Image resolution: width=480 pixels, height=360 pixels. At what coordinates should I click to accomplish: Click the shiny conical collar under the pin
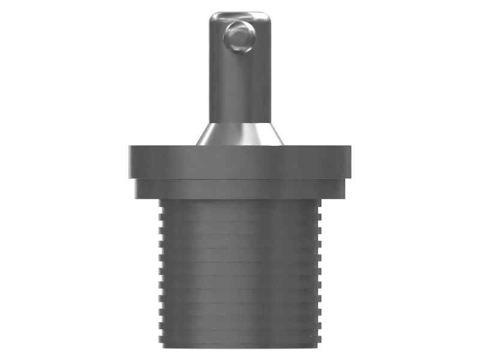point(239,134)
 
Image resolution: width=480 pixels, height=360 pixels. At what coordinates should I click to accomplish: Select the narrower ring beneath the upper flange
point(239,188)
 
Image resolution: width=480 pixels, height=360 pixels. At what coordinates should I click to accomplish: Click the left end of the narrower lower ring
point(137,188)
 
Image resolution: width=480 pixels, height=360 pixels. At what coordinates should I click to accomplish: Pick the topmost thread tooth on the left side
point(161,204)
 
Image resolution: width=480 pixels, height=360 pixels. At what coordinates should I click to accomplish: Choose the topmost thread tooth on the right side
point(319,204)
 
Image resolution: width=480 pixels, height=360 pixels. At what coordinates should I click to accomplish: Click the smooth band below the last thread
point(239,342)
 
